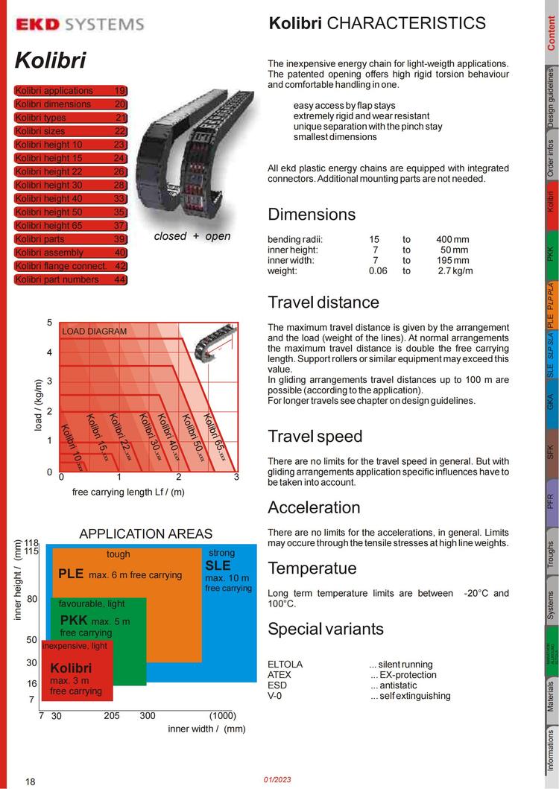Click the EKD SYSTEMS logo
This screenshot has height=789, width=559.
click(80, 25)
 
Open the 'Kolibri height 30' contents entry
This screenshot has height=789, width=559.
click(71, 185)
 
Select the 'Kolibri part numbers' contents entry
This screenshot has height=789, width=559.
click(71, 279)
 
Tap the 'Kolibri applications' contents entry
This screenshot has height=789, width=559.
click(71, 90)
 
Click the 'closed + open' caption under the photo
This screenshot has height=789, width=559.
click(192, 236)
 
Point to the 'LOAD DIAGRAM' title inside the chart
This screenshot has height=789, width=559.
click(94, 331)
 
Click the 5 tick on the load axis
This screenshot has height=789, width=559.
click(49, 323)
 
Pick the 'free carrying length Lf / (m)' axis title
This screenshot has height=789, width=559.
click(128, 492)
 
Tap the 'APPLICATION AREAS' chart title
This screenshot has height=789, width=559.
click(145, 533)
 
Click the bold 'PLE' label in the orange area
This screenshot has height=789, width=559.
click(71, 574)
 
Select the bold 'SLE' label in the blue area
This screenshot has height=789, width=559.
click(218, 565)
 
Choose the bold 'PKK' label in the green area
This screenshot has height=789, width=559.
click(74, 621)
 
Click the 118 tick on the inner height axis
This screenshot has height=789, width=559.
click(31, 543)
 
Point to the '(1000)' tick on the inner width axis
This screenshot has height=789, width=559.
click(223, 715)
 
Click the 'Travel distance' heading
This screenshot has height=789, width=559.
click(323, 302)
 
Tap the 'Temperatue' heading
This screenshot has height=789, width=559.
click(312, 568)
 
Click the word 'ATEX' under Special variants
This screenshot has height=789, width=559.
click(279, 675)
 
